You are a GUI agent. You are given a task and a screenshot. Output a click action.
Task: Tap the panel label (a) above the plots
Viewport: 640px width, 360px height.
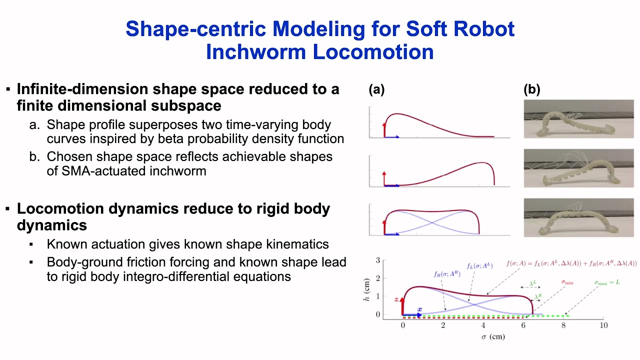tap(376, 89)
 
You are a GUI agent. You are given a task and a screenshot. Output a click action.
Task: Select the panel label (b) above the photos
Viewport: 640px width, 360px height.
tap(532, 89)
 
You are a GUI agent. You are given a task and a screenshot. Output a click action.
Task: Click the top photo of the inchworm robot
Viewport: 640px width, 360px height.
tap(578, 119)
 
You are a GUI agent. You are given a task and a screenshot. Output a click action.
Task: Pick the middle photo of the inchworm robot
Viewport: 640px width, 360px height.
tap(578, 168)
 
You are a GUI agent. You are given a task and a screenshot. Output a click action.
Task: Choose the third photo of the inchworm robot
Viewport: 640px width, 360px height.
tap(578, 217)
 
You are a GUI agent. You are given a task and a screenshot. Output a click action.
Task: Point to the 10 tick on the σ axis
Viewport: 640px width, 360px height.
tap(603, 325)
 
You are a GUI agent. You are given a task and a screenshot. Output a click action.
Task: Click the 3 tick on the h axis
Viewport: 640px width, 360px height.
tap(378, 260)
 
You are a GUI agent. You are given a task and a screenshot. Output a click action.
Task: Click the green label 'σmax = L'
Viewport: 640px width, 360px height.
tap(607, 282)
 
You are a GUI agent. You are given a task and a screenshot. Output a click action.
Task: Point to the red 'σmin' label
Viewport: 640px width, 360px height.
tap(567, 282)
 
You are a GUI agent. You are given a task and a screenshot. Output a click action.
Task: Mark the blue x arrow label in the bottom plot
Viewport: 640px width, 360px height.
tap(419, 309)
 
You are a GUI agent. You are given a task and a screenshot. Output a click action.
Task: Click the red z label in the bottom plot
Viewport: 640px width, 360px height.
tap(396, 299)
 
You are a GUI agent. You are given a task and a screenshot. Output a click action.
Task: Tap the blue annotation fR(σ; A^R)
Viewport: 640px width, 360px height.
tap(447, 273)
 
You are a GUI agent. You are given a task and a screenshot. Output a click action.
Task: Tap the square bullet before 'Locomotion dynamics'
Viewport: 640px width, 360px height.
tap(8, 208)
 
